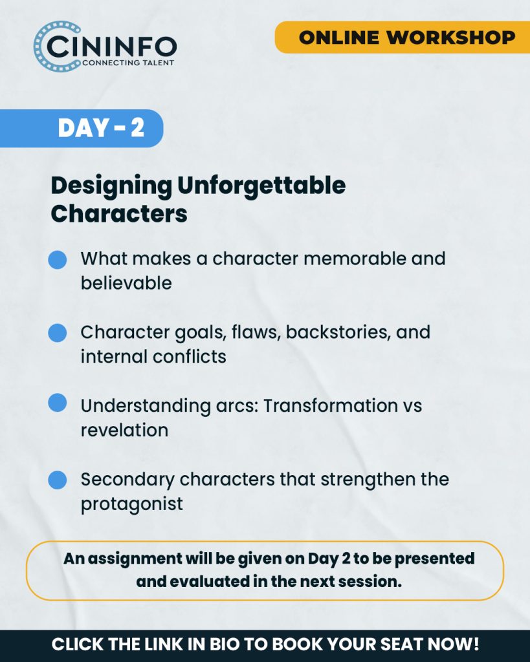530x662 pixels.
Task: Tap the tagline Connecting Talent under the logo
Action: coord(128,63)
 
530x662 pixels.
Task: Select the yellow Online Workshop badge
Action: coord(403,37)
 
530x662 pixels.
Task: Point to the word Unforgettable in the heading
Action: coord(261,186)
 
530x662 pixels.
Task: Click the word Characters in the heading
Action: coord(119,213)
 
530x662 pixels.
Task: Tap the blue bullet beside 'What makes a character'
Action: coord(58,260)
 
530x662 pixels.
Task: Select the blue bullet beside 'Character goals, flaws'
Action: coord(58,333)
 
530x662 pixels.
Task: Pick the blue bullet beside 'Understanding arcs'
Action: coord(58,402)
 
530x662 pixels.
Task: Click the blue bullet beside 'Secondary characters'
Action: coord(58,480)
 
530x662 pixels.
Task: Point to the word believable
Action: coord(126,283)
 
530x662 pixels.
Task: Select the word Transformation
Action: coord(331,406)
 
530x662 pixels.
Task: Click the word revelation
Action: coord(125,430)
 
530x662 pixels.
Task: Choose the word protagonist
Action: coord(132,504)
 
